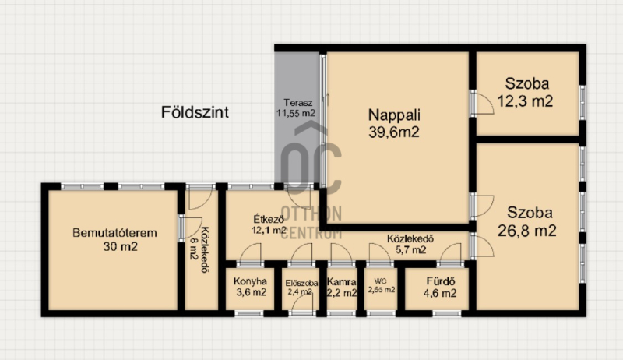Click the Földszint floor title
195,112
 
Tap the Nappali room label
394,115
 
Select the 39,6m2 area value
394,132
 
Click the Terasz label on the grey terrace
298,103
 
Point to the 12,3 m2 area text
525,101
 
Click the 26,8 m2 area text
527,231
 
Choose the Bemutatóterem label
114,233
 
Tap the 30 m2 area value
121,247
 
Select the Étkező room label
269,219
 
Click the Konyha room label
250,281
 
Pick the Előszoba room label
301,284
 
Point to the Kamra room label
342,282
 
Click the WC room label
380,281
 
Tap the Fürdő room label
440,281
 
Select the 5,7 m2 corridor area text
411,250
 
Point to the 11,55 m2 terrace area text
296,113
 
